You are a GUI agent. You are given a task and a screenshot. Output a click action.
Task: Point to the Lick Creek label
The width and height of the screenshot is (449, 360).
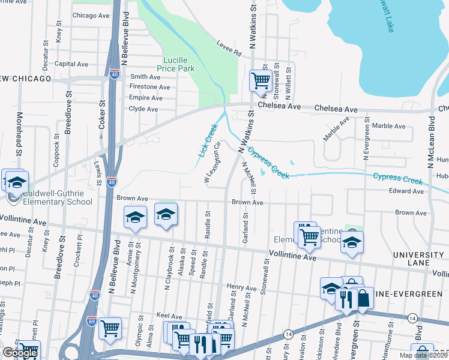tap(206, 142)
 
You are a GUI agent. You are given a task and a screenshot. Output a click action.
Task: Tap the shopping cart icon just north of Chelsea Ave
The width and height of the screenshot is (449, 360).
tap(260, 80)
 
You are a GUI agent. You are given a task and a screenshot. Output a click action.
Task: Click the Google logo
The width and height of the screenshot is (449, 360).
tap(20, 353)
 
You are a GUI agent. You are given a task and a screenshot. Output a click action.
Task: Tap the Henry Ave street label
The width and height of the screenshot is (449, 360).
tap(242, 287)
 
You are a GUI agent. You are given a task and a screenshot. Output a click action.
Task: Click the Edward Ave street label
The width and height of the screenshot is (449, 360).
tap(406, 191)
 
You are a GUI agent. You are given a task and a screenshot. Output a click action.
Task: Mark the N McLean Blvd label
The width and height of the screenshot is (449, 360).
tap(431, 139)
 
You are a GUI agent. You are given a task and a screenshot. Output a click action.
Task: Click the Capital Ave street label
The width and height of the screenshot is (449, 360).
tap(71, 64)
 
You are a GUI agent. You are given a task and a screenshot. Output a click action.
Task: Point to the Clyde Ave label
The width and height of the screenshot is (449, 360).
tap(143, 109)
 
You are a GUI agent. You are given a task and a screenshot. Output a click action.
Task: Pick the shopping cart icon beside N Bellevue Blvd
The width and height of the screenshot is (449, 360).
tap(109, 328)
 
